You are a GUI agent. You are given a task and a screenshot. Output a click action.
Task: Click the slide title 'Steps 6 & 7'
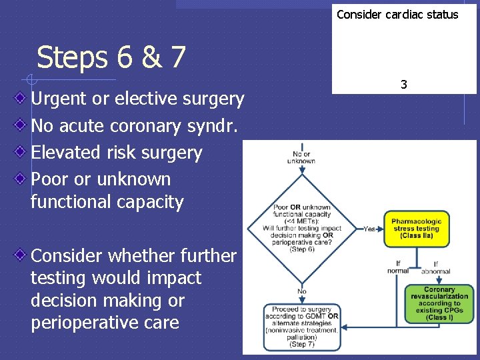point(111,58)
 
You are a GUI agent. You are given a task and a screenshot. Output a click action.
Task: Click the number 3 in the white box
point(403,85)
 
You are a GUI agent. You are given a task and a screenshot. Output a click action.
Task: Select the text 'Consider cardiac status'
point(397,15)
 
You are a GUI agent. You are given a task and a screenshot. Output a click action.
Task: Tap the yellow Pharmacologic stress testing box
point(416,229)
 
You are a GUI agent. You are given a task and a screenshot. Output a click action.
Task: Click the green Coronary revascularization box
point(439,304)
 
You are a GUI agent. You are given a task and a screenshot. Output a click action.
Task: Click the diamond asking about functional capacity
point(302,229)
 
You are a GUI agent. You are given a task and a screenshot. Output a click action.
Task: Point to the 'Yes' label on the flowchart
point(369,228)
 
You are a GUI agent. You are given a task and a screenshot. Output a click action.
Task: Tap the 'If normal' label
point(398,267)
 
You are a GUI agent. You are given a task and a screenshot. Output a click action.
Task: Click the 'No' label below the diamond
point(302,291)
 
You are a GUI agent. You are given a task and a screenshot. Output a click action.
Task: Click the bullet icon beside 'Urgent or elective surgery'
point(21,99)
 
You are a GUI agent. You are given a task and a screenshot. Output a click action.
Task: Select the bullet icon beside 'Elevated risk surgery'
point(21,152)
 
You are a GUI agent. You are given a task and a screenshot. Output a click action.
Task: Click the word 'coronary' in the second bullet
point(153,125)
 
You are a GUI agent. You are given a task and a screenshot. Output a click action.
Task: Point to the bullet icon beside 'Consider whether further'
point(21,255)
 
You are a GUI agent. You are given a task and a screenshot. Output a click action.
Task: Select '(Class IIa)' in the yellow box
point(416,236)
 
